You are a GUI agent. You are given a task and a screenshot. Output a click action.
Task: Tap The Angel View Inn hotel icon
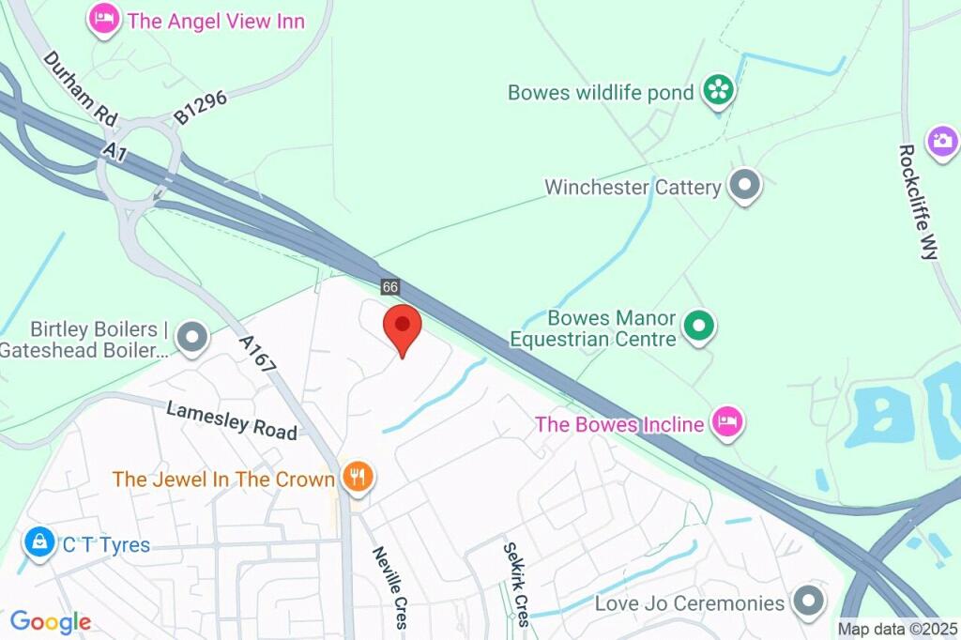(x=104, y=20)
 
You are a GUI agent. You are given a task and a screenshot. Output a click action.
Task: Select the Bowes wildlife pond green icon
(x=720, y=92)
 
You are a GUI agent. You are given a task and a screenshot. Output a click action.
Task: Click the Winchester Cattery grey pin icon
(x=746, y=186)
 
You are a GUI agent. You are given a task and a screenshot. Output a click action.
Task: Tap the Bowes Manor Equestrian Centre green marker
(x=698, y=327)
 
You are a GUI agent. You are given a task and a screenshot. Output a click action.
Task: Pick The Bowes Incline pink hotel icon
(x=727, y=423)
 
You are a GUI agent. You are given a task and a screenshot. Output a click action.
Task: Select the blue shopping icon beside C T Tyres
(x=38, y=543)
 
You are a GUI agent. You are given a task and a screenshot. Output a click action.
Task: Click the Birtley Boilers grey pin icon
(x=193, y=337)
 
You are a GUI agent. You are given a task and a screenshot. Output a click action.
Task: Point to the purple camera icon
(x=941, y=143)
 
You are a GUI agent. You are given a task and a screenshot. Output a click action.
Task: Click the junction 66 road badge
(x=390, y=285)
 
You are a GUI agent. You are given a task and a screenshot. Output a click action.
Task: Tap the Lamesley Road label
(x=232, y=420)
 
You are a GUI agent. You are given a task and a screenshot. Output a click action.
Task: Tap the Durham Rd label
(x=81, y=88)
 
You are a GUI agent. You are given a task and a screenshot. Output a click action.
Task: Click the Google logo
(x=50, y=621)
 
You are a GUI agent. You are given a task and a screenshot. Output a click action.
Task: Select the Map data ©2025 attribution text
(x=897, y=630)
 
